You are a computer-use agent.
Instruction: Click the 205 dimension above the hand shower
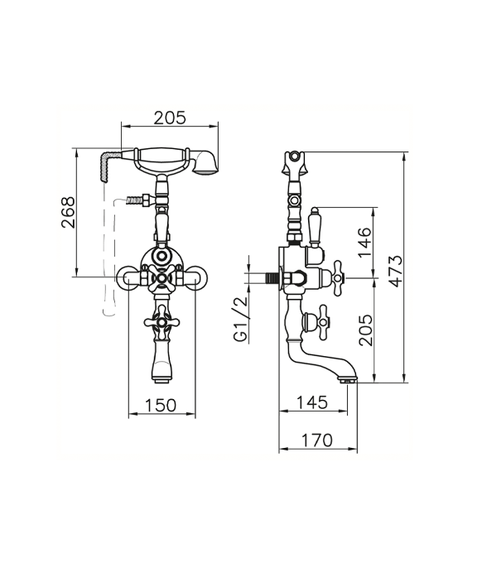(170, 118)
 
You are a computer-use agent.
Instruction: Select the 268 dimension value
(68, 212)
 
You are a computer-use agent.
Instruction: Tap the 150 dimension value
(161, 406)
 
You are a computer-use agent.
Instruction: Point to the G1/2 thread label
(241, 319)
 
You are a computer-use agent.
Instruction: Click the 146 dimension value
(365, 243)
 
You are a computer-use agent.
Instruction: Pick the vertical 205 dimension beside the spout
(365, 330)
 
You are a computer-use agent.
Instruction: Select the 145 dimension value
(312, 402)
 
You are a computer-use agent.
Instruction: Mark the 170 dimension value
(316, 440)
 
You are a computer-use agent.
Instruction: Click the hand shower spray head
(205, 162)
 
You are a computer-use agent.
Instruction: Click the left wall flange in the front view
(126, 278)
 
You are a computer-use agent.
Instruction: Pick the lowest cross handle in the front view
(161, 322)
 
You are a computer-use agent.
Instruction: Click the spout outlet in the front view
(161, 380)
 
